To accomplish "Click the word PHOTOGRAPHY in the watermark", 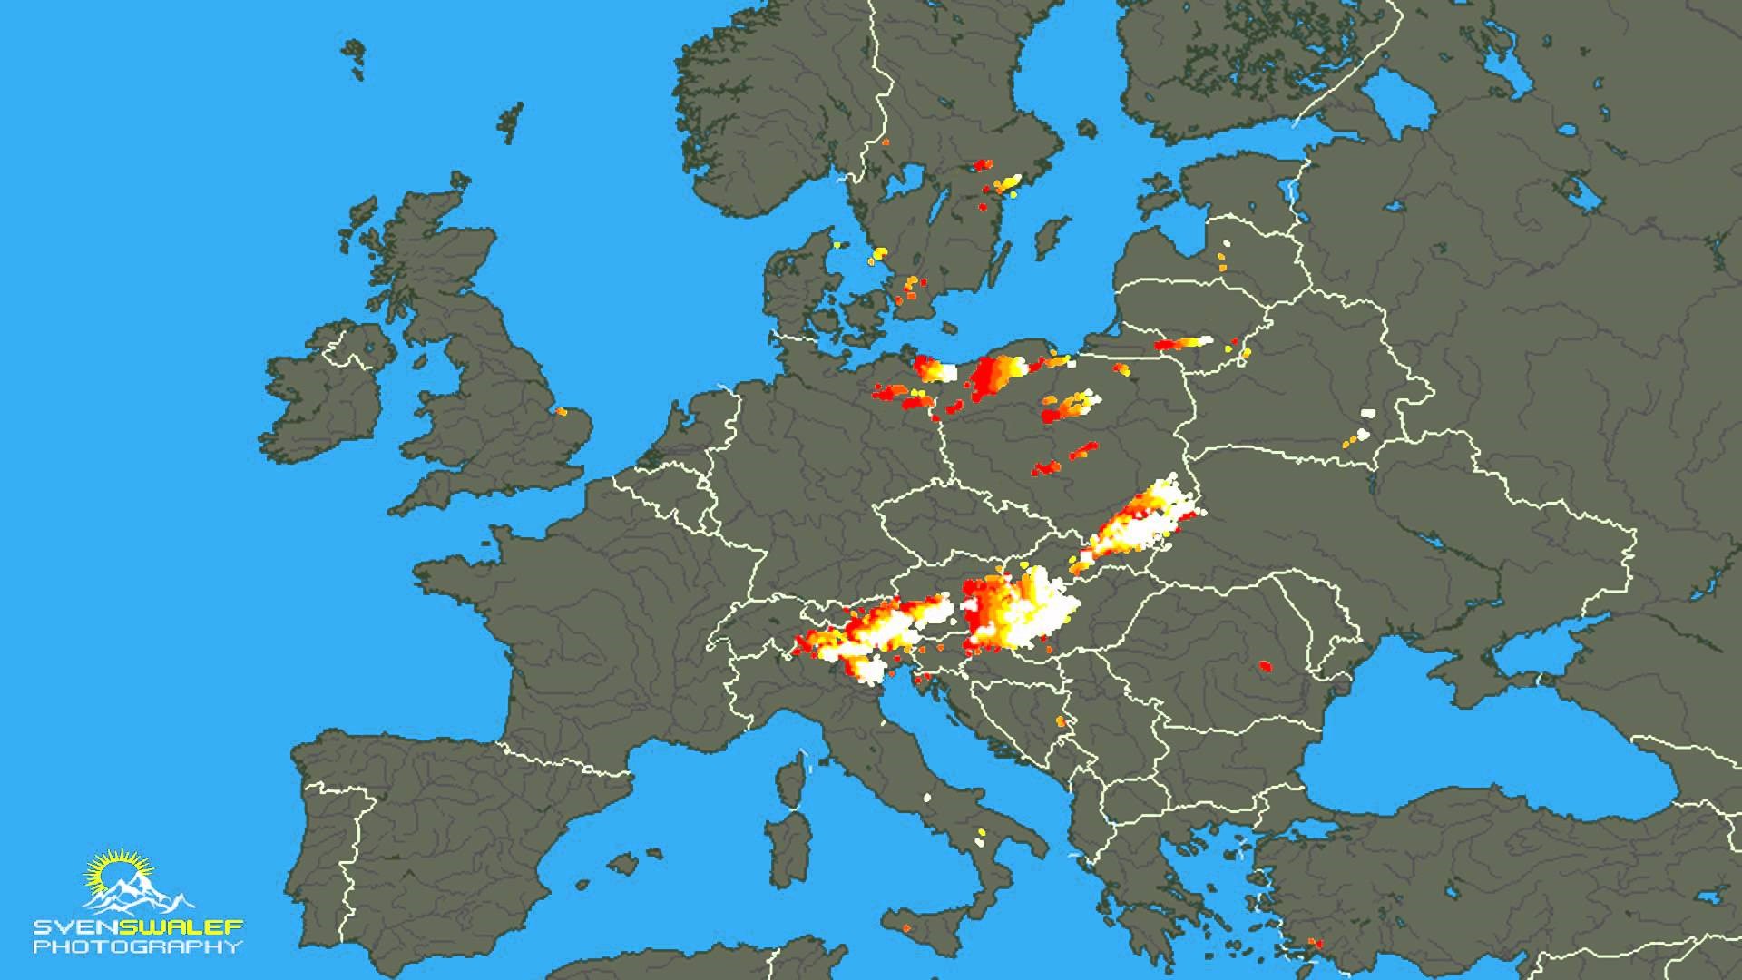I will pos(138,947).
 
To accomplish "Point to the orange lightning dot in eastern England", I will pos(561,412).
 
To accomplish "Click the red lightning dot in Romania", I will pos(1266,668).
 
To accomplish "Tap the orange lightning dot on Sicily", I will pos(908,927).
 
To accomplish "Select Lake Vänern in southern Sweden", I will pos(904,181).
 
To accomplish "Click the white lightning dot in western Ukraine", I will pos(1366,414).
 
